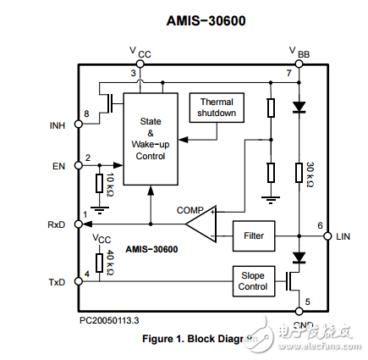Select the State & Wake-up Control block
click(x=150, y=139)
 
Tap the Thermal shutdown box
click(x=217, y=107)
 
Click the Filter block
click(x=253, y=235)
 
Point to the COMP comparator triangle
click(x=200, y=224)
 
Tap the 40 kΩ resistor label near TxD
click(x=110, y=262)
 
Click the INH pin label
click(x=57, y=126)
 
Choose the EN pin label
click(x=58, y=166)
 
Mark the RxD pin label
click(x=57, y=224)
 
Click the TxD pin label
click(x=57, y=280)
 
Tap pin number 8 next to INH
click(x=86, y=114)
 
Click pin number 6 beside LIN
click(x=319, y=225)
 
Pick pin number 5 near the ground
click(x=307, y=302)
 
